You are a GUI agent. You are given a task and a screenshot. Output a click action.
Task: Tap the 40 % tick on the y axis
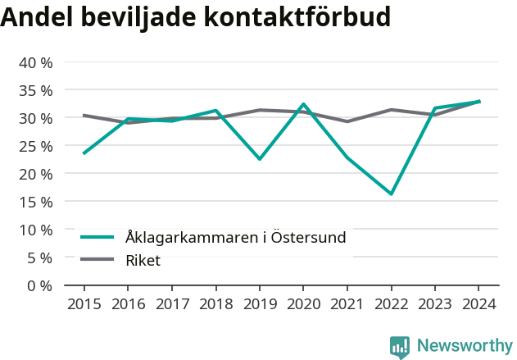coord(35,62)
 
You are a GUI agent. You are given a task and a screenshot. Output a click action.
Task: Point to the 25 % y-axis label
coord(35,146)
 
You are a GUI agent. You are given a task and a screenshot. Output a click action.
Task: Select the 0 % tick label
coord(39,285)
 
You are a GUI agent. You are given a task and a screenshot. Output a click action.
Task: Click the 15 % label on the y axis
coord(35,202)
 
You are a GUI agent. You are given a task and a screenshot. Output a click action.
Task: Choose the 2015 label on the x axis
coord(84,304)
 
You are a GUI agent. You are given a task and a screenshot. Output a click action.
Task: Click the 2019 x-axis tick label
coord(259,304)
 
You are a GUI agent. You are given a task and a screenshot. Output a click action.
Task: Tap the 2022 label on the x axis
coord(391,304)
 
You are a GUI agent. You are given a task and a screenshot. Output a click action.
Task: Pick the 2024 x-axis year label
coord(478,304)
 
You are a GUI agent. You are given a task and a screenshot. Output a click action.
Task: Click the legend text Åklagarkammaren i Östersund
coord(236,238)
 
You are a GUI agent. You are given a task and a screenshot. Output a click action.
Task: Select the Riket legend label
coord(143,261)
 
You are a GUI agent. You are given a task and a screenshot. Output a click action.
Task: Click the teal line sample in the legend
coord(97,238)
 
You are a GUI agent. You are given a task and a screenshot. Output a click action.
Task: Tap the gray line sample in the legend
coord(97,261)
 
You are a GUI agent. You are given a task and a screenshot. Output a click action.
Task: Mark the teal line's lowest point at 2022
coord(391,194)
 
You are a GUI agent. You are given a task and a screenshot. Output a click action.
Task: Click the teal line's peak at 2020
coord(303,104)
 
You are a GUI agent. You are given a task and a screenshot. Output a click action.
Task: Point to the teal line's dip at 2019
coord(259,159)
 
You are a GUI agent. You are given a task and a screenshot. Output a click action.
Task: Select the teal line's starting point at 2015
coord(84,153)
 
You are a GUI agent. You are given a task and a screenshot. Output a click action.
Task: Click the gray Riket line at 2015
coord(84,116)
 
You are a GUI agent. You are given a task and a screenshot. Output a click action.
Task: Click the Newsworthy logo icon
coord(400,346)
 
